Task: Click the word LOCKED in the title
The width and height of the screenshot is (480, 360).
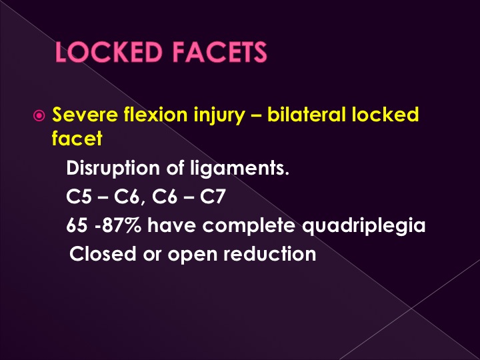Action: (x=109, y=53)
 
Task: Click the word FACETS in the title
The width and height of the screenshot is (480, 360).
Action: (x=220, y=53)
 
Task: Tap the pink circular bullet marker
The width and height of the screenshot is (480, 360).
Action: (x=39, y=116)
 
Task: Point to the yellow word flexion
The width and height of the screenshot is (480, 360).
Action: (x=156, y=115)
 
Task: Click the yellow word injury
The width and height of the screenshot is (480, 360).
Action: (x=219, y=117)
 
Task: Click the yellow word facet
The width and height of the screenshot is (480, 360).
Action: (x=77, y=138)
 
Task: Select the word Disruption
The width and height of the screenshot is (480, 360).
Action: (x=113, y=169)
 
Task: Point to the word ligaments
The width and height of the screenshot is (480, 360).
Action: (x=240, y=169)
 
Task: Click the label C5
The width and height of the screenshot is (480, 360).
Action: (x=79, y=196)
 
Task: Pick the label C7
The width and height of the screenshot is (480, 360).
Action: (x=213, y=196)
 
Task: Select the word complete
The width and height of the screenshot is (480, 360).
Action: (x=249, y=227)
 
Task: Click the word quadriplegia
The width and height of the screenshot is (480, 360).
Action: (x=364, y=227)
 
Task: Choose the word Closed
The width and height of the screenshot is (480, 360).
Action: (x=103, y=254)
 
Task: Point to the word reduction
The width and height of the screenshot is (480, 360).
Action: (x=270, y=254)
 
